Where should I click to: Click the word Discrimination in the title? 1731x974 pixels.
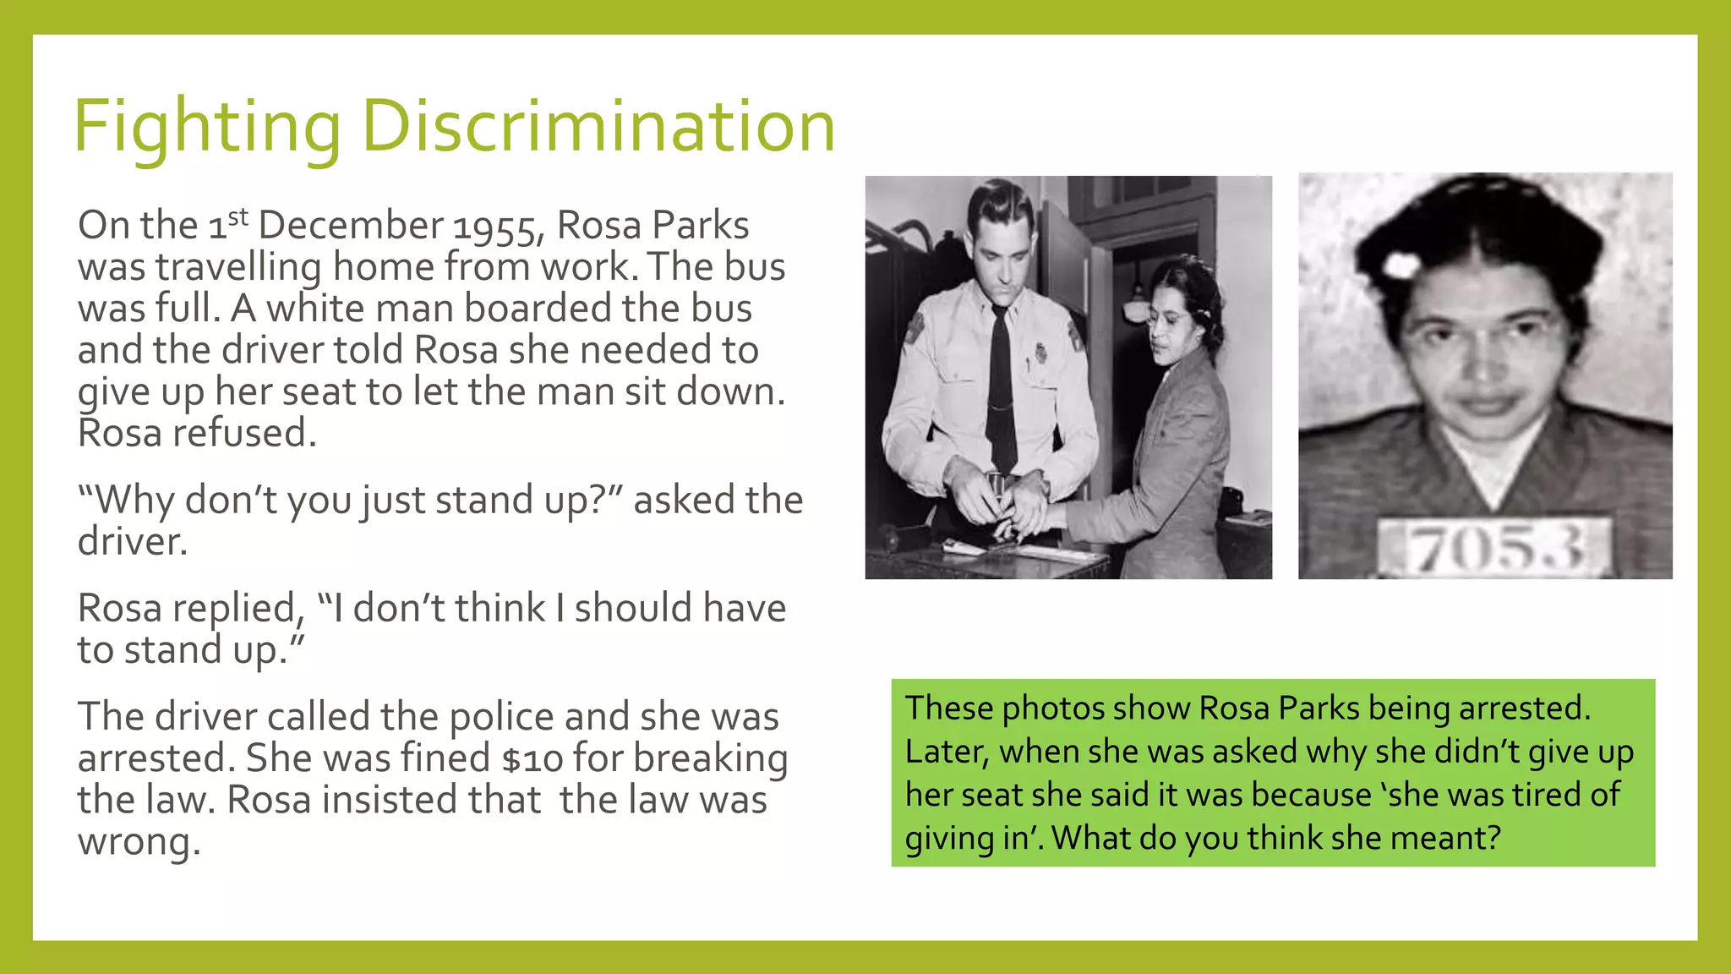point(598,127)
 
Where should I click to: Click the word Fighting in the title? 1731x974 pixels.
point(207,127)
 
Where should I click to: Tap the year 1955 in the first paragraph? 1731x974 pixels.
point(494,227)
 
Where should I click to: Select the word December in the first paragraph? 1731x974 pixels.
point(350,226)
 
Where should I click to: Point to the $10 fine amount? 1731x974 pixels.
point(532,758)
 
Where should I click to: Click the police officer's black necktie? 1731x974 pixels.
point(1002,389)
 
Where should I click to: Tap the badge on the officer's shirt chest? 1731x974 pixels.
point(1040,353)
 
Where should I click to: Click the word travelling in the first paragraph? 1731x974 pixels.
point(238,268)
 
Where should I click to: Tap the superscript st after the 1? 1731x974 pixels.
point(238,216)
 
